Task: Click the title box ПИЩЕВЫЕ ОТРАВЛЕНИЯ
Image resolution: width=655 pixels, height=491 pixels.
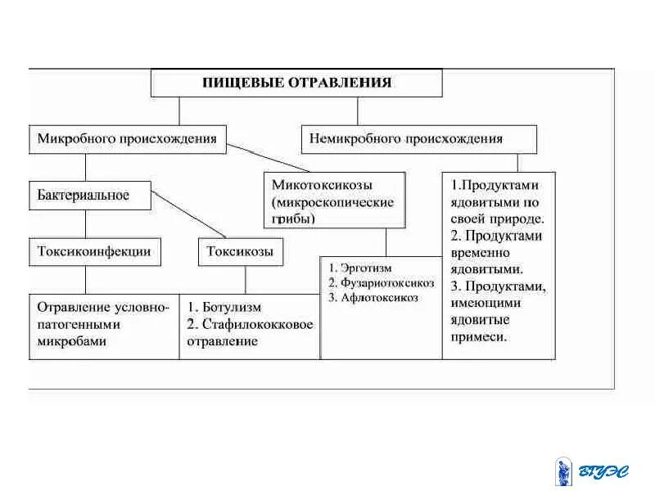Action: click(x=296, y=83)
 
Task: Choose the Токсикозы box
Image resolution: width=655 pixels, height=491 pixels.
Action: click(x=240, y=251)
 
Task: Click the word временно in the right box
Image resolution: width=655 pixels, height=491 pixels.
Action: click(x=480, y=252)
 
